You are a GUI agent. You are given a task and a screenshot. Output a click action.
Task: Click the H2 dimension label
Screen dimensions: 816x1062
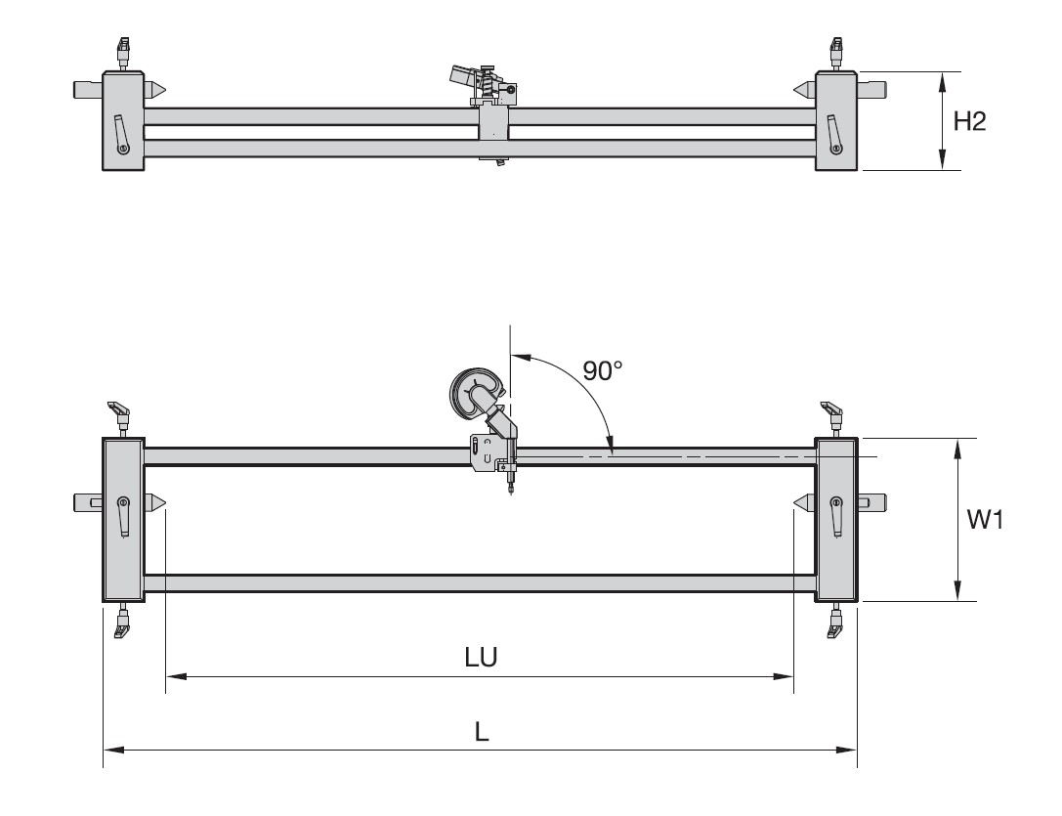tap(970, 122)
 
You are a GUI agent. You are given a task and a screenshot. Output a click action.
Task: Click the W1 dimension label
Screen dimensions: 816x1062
tap(985, 521)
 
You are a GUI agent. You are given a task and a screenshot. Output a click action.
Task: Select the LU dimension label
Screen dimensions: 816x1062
tap(481, 658)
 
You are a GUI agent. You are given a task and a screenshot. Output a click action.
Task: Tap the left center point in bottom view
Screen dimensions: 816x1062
tap(156, 502)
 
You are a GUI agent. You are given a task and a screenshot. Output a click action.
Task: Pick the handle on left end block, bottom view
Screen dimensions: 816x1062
tap(123, 515)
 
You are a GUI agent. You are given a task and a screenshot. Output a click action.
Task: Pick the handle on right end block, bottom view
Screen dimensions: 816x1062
tap(836, 515)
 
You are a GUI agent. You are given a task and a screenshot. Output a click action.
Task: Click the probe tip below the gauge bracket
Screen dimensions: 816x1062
tap(510, 493)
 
